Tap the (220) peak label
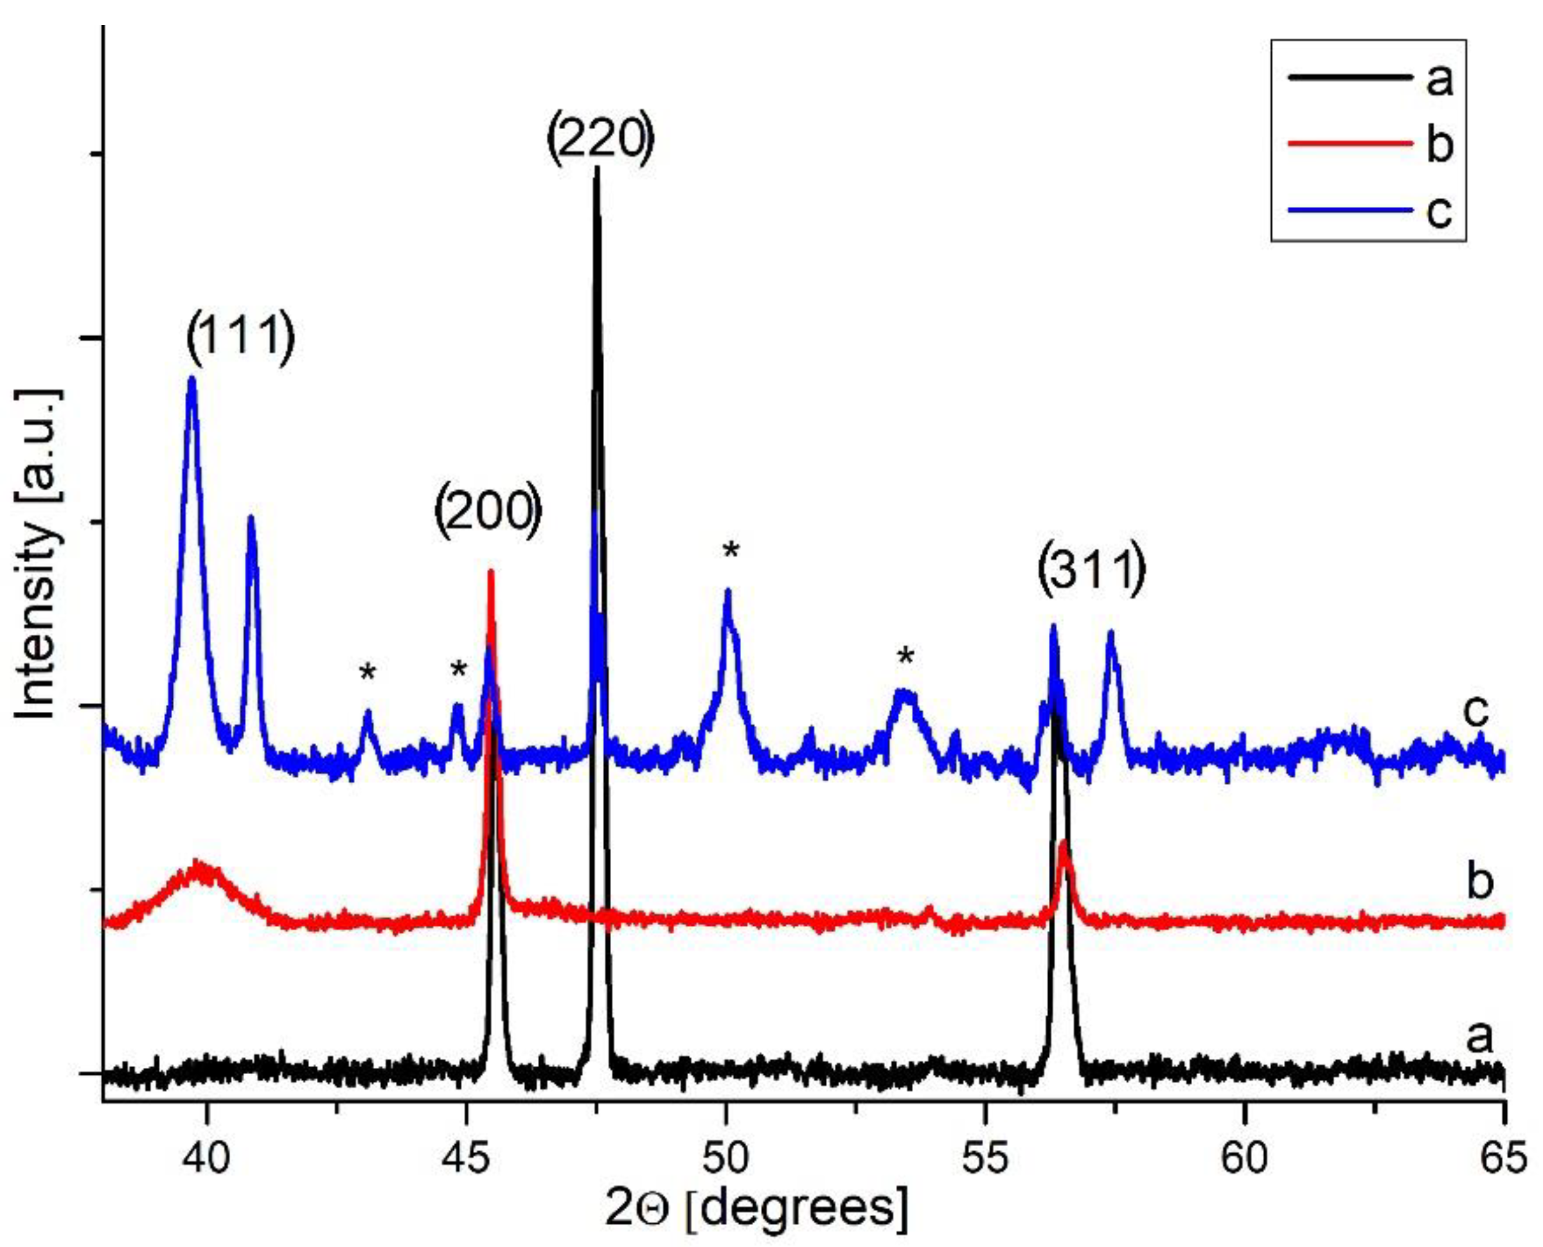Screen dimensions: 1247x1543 coord(600,139)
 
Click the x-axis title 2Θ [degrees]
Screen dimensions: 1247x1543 coord(756,1208)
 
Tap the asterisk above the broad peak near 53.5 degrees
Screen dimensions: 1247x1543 coord(906,657)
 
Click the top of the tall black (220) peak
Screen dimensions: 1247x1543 coord(596,170)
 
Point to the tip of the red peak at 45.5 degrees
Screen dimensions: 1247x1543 coord(490,572)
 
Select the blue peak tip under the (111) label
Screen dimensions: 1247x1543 coord(191,378)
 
